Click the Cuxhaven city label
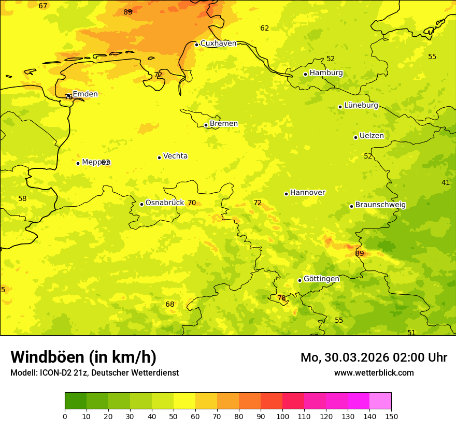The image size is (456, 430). coord(218,44)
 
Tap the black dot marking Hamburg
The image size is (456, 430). coord(305,74)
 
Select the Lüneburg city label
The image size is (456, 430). coord(361,105)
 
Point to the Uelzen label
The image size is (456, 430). coord(372,136)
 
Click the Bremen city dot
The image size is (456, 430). coord(206,125)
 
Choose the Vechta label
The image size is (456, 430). coord(175,156)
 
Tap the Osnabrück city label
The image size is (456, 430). coord(164,203)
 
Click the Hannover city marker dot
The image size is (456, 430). coord(286,194)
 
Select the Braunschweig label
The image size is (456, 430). coord(380,205)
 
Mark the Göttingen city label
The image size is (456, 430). coord(321,279)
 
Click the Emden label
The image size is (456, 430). coord(85,94)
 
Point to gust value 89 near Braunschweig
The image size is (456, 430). coord(360,253)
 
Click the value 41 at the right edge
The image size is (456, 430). coord(446,182)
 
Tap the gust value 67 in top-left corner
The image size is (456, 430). coord(43,6)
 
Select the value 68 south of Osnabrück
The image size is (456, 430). coord(170,304)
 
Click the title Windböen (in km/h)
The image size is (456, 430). coord(83,357)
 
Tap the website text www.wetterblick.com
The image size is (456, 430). coord(374,372)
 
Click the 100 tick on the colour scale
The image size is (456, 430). coord(282,416)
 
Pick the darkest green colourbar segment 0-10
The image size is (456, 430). coord(76,400)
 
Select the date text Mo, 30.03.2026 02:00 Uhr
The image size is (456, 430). coord(374,357)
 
